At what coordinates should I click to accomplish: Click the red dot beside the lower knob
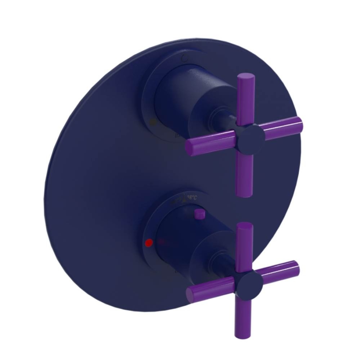[x=147, y=243]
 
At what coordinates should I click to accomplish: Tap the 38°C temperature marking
[x=192, y=197]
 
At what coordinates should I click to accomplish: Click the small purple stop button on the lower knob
[x=198, y=214]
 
